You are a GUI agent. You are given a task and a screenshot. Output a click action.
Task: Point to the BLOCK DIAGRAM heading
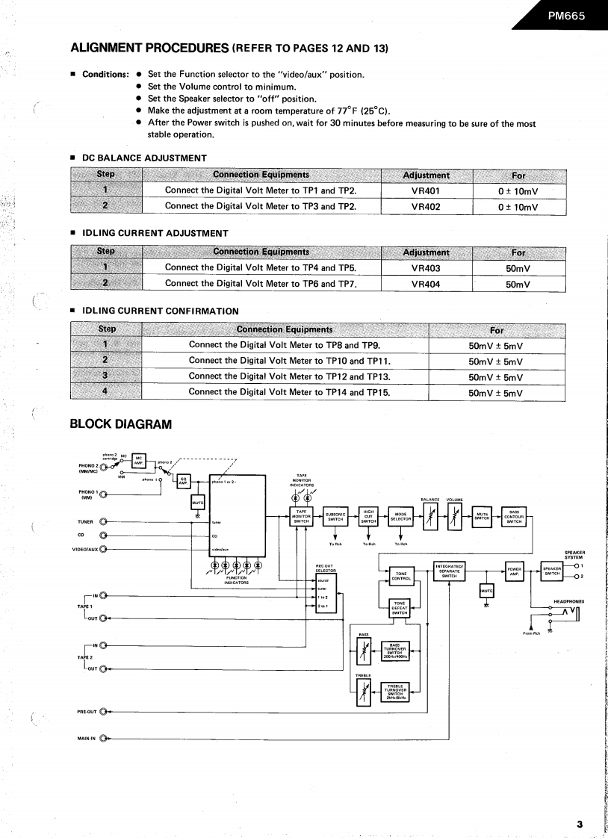[120, 424]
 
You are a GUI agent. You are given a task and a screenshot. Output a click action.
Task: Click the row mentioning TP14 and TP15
[289, 392]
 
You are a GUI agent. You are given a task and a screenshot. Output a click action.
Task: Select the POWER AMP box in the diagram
[515, 571]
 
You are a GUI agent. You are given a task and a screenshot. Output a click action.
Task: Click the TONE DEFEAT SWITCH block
[400, 609]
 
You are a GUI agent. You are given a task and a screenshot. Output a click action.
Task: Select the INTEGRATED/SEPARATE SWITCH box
[449, 571]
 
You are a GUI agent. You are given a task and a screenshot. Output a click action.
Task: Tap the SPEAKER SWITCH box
[551, 571]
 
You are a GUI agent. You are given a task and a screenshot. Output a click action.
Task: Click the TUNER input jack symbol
[103, 522]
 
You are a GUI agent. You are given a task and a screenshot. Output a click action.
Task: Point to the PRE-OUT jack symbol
[103, 711]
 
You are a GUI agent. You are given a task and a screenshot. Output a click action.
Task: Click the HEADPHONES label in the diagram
[568, 601]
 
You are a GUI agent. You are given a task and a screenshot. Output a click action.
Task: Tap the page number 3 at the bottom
[579, 824]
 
